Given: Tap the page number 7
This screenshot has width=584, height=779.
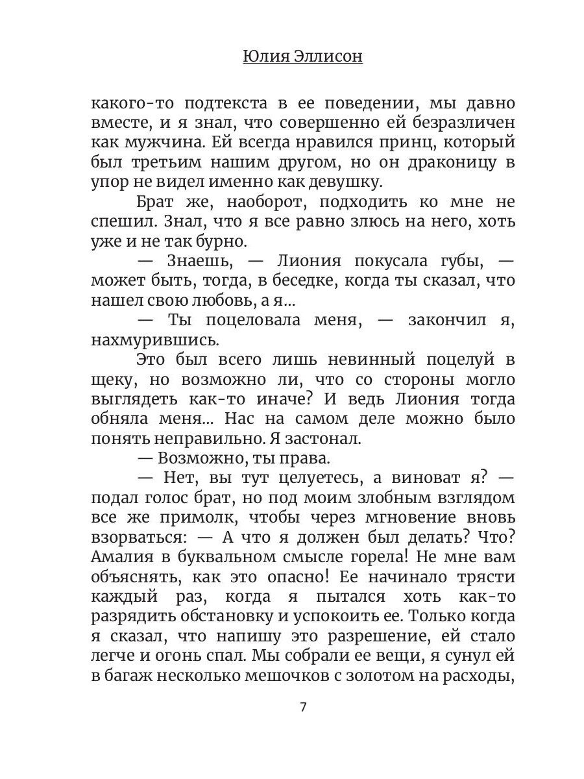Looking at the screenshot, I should [303, 707].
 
